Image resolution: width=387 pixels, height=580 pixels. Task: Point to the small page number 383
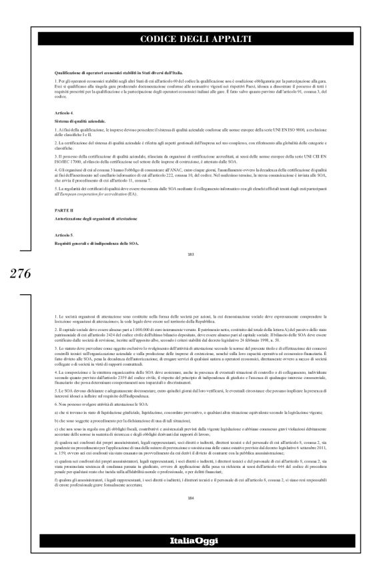click(193, 254)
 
